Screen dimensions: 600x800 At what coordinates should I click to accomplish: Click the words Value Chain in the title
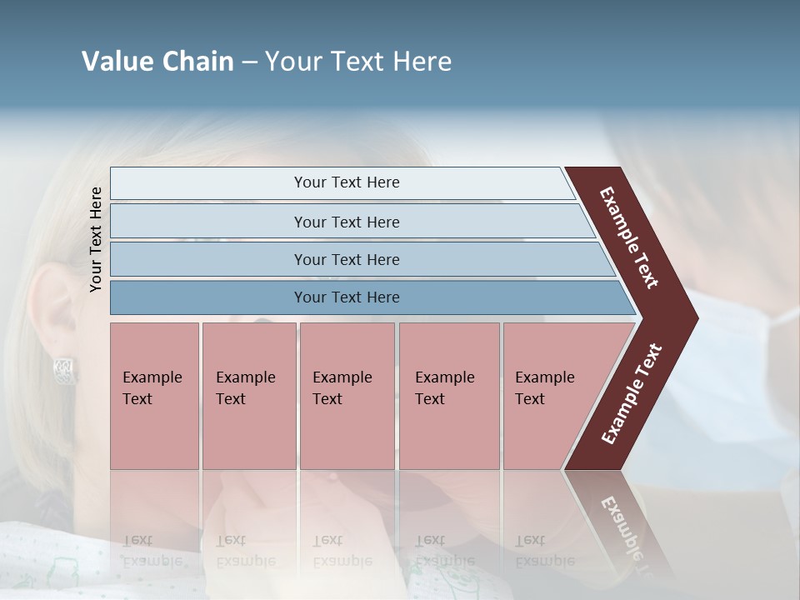click(157, 62)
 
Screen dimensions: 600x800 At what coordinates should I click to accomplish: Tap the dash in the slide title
click(249, 62)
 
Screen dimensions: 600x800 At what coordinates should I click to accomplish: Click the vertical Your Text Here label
click(96, 239)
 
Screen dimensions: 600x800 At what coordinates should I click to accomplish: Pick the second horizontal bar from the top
click(346, 222)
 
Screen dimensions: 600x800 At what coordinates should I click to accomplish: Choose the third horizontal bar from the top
click(346, 259)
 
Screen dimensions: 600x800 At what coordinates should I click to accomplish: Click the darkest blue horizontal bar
click(346, 297)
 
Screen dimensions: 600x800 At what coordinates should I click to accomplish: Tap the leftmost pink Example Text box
click(154, 395)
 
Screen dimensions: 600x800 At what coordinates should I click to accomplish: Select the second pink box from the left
click(248, 395)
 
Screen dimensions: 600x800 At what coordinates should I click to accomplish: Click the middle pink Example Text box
click(347, 395)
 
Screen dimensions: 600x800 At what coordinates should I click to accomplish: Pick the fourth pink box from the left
click(448, 395)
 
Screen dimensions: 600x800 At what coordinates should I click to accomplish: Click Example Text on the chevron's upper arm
click(629, 237)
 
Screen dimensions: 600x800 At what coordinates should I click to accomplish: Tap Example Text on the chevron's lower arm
click(632, 394)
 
